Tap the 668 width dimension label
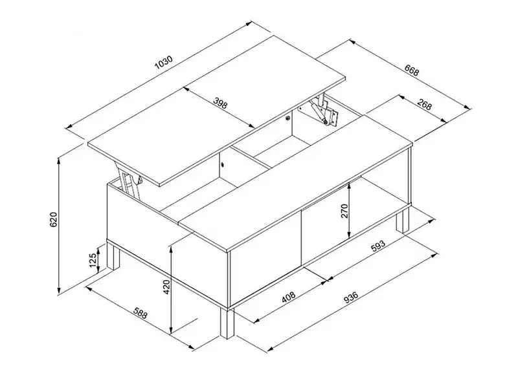412,70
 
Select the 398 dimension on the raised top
220,103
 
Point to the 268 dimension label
424,104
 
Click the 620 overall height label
54,219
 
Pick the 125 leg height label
93,261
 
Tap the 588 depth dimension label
140,313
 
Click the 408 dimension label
288,297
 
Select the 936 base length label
351,297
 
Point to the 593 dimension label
378,246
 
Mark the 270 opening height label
344,211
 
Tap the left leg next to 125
113,255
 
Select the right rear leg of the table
403,221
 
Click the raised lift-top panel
217,111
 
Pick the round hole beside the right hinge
288,118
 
